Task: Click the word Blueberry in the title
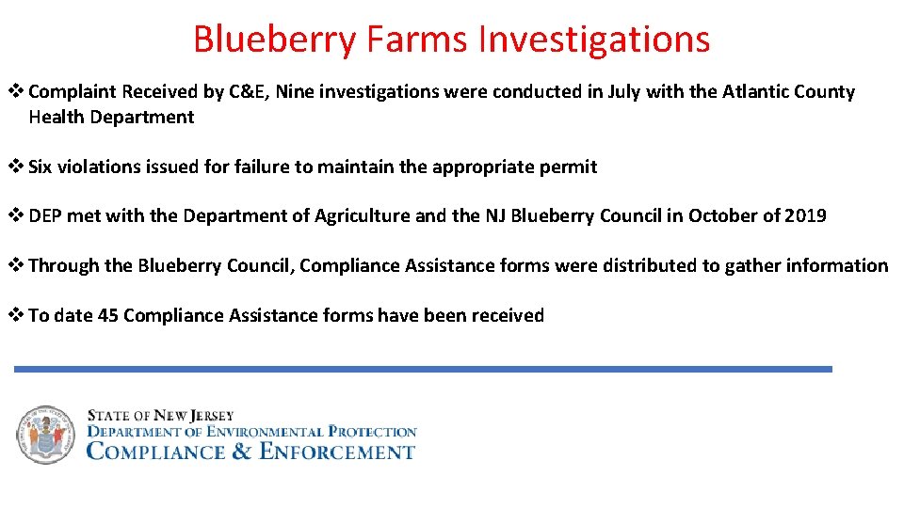tap(273, 40)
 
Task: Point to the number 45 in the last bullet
tap(108, 316)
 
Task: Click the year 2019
tap(804, 216)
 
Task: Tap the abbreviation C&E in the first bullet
tap(249, 92)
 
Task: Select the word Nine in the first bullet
tap(293, 92)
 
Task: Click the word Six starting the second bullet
tap(40, 167)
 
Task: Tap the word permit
tap(569, 167)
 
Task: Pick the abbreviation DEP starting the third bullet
tap(44, 216)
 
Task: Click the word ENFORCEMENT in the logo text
tap(336, 452)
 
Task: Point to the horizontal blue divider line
tap(423, 370)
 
